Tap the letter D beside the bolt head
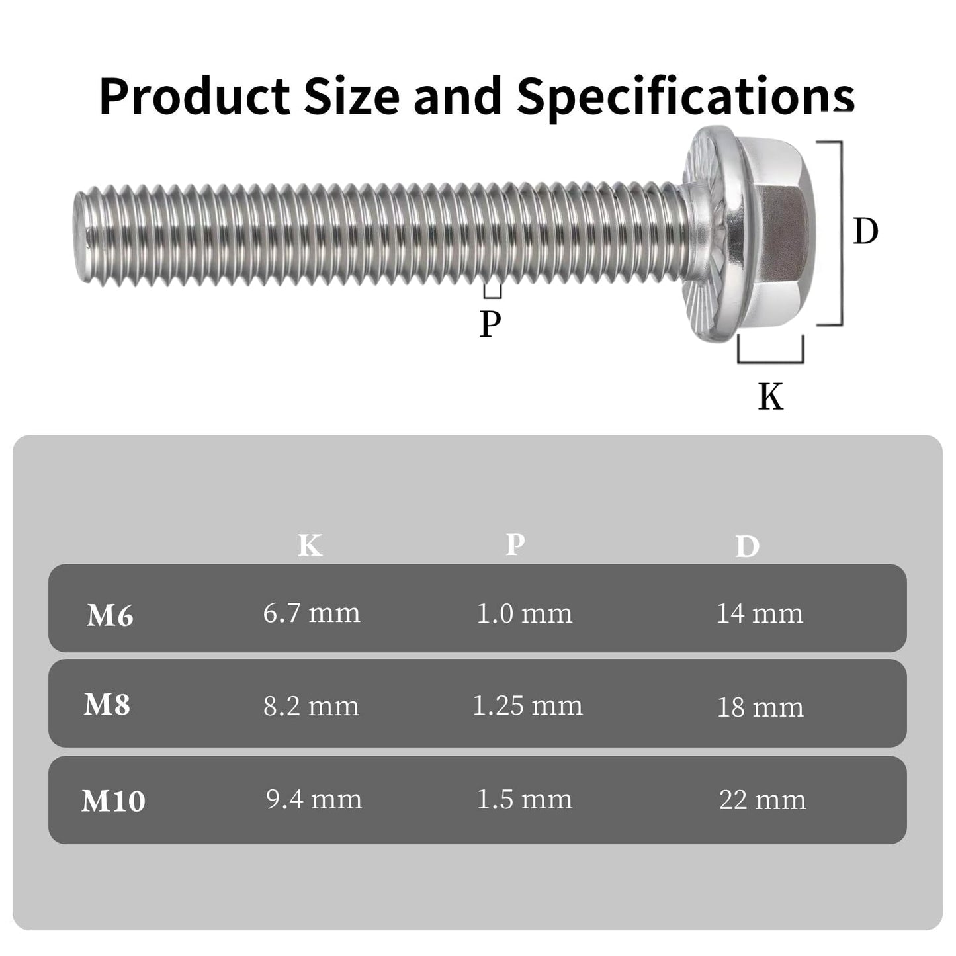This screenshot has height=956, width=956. click(x=865, y=232)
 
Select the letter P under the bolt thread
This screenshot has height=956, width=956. click(x=490, y=324)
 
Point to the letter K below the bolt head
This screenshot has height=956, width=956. click(x=771, y=397)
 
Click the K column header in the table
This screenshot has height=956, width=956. click(x=310, y=546)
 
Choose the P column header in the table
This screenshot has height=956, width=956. click(x=515, y=544)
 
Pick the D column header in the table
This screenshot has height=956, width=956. click(x=747, y=546)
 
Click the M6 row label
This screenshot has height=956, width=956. click(x=110, y=616)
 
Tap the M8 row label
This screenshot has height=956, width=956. click(x=107, y=705)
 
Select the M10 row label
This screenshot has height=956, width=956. click(x=113, y=801)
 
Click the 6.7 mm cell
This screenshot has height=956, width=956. click(x=312, y=613)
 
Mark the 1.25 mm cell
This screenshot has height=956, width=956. click(x=527, y=706)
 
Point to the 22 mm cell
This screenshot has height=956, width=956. click(x=762, y=801)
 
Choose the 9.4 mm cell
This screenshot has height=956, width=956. click(x=314, y=800)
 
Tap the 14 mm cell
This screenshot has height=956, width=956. click(x=760, y=614)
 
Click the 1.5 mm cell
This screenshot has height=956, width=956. click(x=524, y=800)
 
